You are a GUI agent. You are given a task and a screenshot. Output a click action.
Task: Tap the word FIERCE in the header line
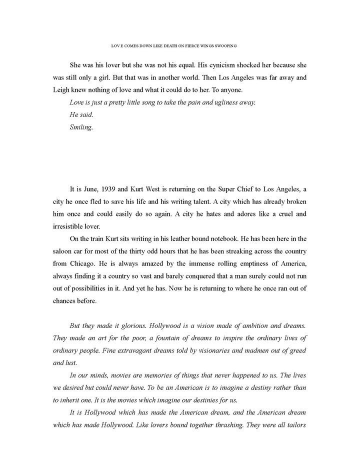pyautogui.click(x=189, y=45)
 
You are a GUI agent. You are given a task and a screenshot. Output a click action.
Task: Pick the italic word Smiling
pyautogui.click(x=81, y=127)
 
